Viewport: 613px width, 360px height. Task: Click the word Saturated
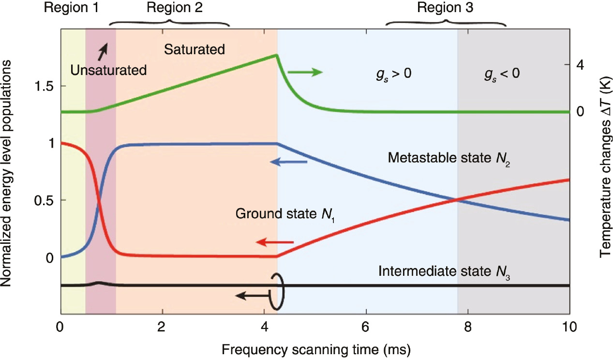click(194, 49)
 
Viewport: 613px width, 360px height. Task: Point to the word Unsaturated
click(108, 70)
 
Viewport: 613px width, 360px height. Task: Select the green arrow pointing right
click(305, 72)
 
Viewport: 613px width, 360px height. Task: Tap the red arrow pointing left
click(275, 241)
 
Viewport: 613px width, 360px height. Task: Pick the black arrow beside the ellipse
click(252, 295)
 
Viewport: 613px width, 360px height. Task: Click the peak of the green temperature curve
click(276, 55)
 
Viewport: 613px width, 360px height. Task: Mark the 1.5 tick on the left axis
click(44, 86)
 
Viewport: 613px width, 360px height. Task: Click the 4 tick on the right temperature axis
click(580, 64)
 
